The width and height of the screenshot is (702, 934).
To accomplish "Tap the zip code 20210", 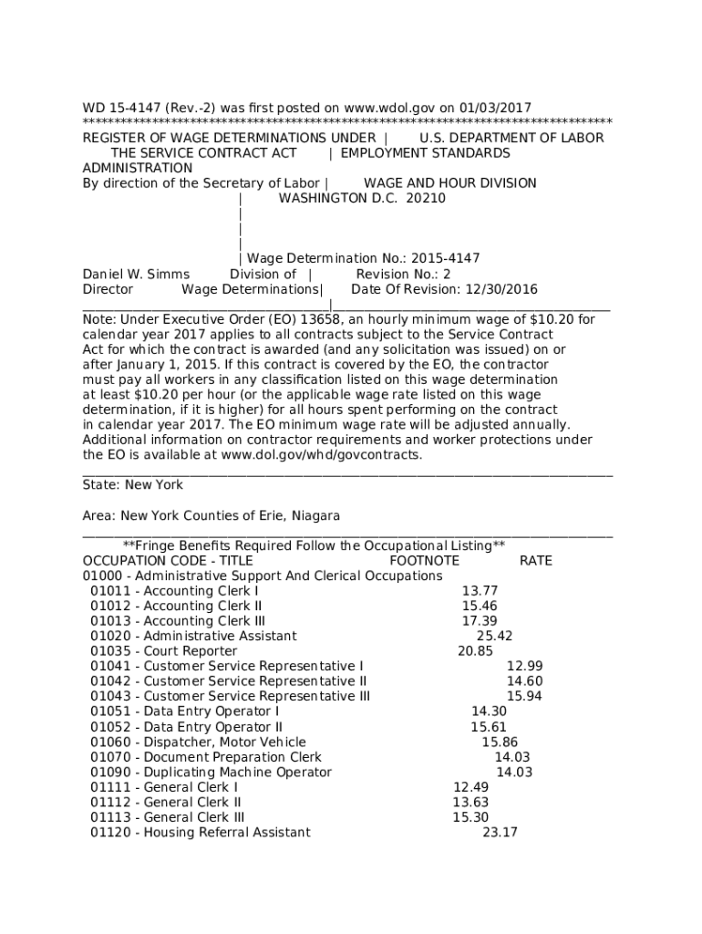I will tap(426, 198).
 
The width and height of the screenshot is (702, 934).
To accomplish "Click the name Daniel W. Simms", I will tap(136, 275).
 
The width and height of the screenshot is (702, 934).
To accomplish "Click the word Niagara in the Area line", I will tap(315, 516).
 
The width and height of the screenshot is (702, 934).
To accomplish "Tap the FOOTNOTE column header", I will tap(424, 561).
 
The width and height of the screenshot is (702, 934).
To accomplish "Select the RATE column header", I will tap(535, 561).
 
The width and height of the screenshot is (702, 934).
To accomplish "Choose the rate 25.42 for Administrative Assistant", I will tap(494, 637).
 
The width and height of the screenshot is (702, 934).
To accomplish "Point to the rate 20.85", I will tap(475, 651).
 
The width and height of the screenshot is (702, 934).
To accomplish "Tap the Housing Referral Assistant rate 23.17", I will tap(500, 833).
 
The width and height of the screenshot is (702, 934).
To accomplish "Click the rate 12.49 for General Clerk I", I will tap(470, 787).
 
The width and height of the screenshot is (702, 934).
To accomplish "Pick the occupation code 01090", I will tap(108, 773).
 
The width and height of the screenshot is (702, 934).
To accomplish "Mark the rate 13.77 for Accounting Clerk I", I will tap(480, 591).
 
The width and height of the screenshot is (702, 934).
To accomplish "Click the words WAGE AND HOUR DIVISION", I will tap(449, 183).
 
